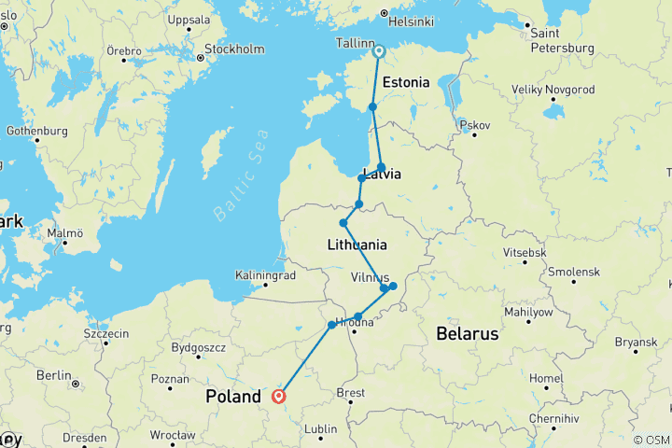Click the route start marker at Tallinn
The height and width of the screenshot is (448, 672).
[x=379, y=51]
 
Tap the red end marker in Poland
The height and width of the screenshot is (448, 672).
[x=279, y=397]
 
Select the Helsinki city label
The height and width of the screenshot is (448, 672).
[x=412, y=21]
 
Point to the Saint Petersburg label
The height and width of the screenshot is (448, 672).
[x=561, y=40]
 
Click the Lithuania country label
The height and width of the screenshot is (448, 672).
[x=357, y=245]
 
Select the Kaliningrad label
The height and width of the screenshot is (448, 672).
[x=267, y=276]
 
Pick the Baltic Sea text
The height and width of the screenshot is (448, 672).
[x=241, y=175]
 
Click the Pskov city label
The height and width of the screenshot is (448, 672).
[x=475, y=124]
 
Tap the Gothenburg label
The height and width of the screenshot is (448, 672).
[x=36, y=131]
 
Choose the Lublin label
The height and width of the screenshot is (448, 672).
[x=320, y=429]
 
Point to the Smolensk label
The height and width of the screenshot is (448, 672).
[x=574, y=272]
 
